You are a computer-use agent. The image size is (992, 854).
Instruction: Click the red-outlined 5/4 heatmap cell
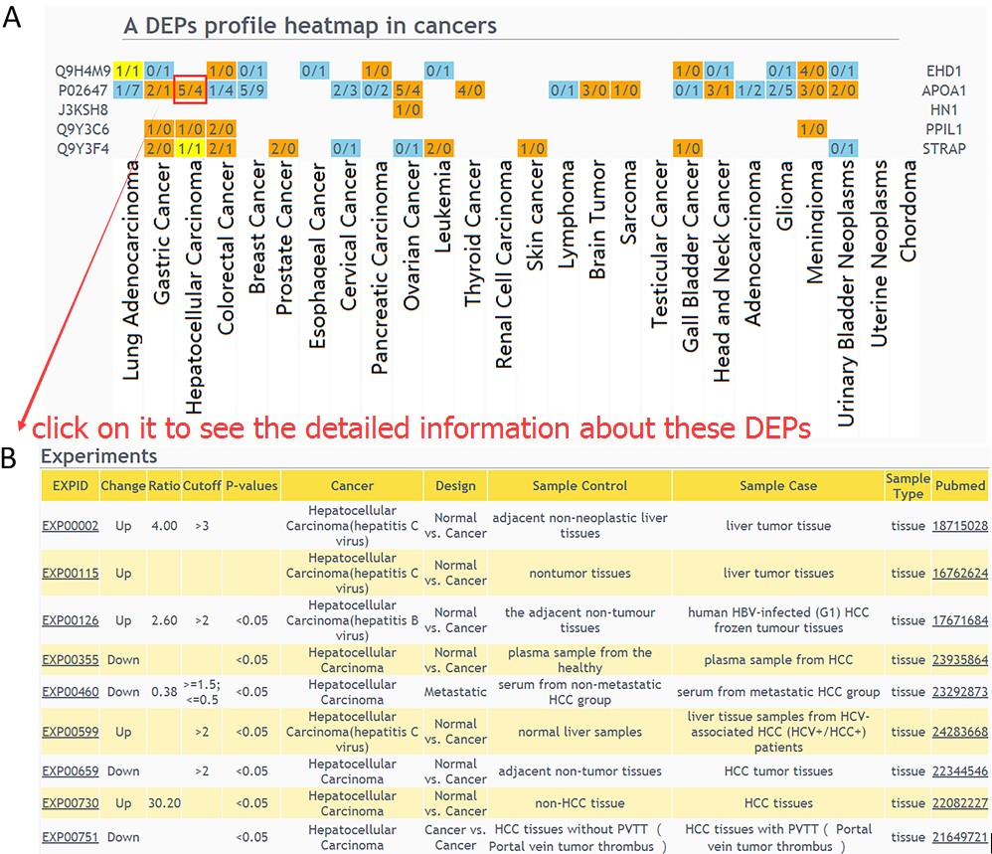190,90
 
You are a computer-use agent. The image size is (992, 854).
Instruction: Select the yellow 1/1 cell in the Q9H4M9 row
127,71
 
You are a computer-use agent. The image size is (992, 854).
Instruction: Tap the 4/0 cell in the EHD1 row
811,71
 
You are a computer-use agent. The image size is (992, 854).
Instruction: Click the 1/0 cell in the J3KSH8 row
408,109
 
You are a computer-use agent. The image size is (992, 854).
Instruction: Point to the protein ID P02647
83,90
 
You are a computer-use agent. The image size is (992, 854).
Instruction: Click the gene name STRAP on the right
945,148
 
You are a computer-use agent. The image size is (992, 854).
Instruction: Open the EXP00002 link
70,525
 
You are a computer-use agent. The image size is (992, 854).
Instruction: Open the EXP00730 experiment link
70,802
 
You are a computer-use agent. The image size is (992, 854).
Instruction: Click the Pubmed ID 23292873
959,691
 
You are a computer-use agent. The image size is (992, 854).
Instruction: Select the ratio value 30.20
163,802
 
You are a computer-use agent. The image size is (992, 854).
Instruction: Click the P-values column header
251,486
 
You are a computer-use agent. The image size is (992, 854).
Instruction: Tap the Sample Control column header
579,486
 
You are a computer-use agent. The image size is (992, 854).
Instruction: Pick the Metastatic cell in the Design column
455,691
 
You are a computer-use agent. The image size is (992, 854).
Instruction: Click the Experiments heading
98,456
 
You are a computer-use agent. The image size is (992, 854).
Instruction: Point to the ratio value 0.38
163,691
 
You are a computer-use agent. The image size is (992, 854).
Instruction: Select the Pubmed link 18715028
959,525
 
